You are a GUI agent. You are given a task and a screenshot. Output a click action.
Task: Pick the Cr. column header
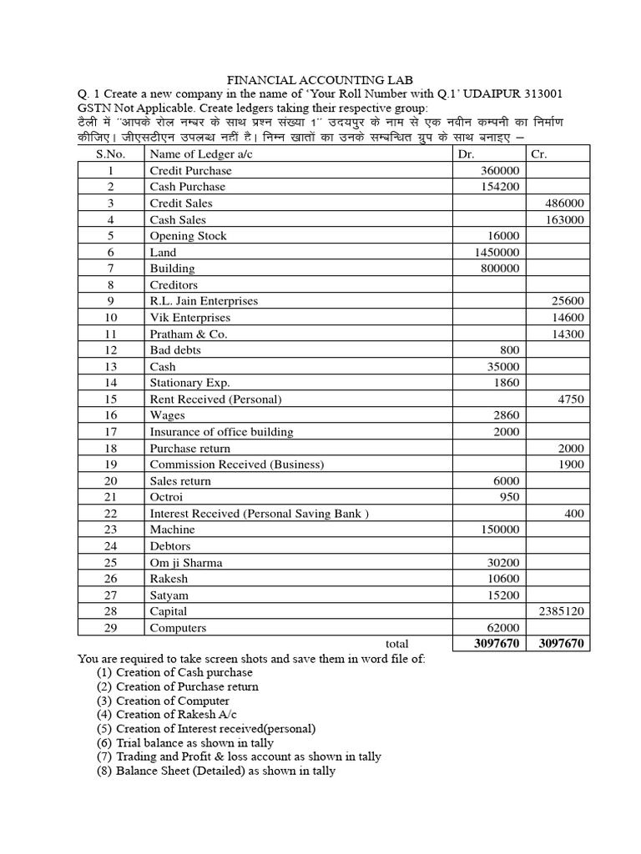[x=538, y=154]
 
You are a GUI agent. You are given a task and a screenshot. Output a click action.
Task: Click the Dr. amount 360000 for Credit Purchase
[x=498, y=170]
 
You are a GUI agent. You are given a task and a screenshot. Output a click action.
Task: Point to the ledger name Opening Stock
[x=188, y=236]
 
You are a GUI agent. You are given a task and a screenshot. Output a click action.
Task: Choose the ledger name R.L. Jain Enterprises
[x=204, y=301]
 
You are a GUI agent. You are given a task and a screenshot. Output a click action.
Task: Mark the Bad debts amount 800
[x=508, y=350]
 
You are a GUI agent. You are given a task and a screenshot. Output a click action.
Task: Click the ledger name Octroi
[x=166, y=497]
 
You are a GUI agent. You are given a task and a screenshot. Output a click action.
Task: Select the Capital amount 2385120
[x=560, y=611]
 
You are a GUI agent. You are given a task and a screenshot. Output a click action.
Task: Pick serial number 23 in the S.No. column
[x=110, y=530]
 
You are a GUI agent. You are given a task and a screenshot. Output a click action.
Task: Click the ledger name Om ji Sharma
[x=186, y=563]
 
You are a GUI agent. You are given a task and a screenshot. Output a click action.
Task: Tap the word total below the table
[x=396, y=644]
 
